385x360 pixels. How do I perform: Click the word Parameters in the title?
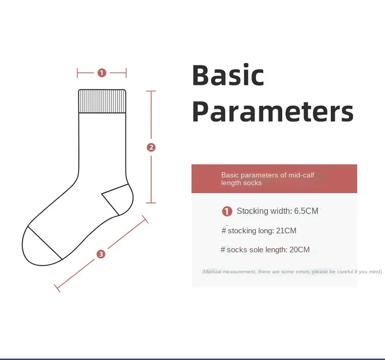click(x=273, y=111)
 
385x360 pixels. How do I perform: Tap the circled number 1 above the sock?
click(x=102, y=73)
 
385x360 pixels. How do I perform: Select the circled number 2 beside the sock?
click(x=151, y=147)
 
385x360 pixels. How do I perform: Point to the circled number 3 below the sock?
click(x=101, y=254)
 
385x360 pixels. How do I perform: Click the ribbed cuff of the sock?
click(x=102, y=101)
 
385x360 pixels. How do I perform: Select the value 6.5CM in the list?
click(x=306, y=211)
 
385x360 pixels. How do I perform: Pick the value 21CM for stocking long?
click(x=286, y=231)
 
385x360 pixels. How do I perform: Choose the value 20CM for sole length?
click(x=300, y=250)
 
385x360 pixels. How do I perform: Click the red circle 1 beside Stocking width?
click(x=227, y=211)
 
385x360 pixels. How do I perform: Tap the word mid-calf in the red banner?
click(x=301, y=175)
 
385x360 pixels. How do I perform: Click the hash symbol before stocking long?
click(x=224, y=231)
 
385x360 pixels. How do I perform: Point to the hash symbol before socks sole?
click(x=223, y=250)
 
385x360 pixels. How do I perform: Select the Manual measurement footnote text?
click(x=292, y=272)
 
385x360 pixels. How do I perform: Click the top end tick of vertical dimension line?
click(x=151, y=91)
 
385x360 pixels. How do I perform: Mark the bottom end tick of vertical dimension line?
click(x=151, y=203)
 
